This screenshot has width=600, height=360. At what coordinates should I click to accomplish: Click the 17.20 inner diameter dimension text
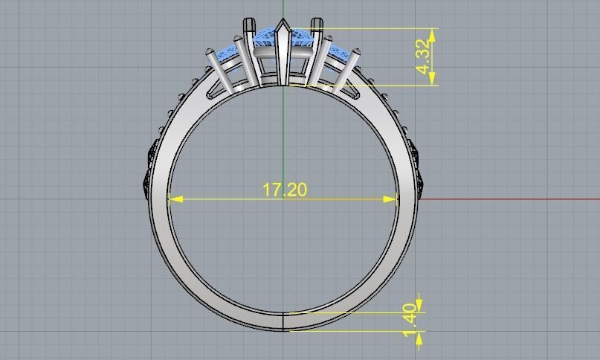284,190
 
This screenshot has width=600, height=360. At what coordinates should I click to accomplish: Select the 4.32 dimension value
424,57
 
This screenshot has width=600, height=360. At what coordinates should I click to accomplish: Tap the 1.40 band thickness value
410,319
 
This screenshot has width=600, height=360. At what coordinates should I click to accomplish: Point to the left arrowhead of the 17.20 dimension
174,199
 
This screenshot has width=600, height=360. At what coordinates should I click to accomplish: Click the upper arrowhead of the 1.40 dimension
419,306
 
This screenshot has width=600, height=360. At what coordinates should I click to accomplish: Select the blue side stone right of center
338,53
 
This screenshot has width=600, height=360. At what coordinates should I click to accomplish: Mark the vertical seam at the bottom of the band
284,321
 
